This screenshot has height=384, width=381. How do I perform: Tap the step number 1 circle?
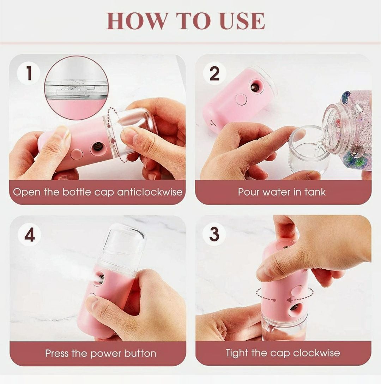click(29, 73)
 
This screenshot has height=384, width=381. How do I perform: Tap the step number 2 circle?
click(214, 73)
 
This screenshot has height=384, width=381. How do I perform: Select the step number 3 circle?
click(214, 234)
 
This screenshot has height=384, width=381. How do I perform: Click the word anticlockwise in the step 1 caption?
click(150, 192)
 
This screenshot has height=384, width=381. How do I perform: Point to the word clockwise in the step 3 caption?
click(316, 353)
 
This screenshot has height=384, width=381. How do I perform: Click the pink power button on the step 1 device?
click(77, 154)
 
